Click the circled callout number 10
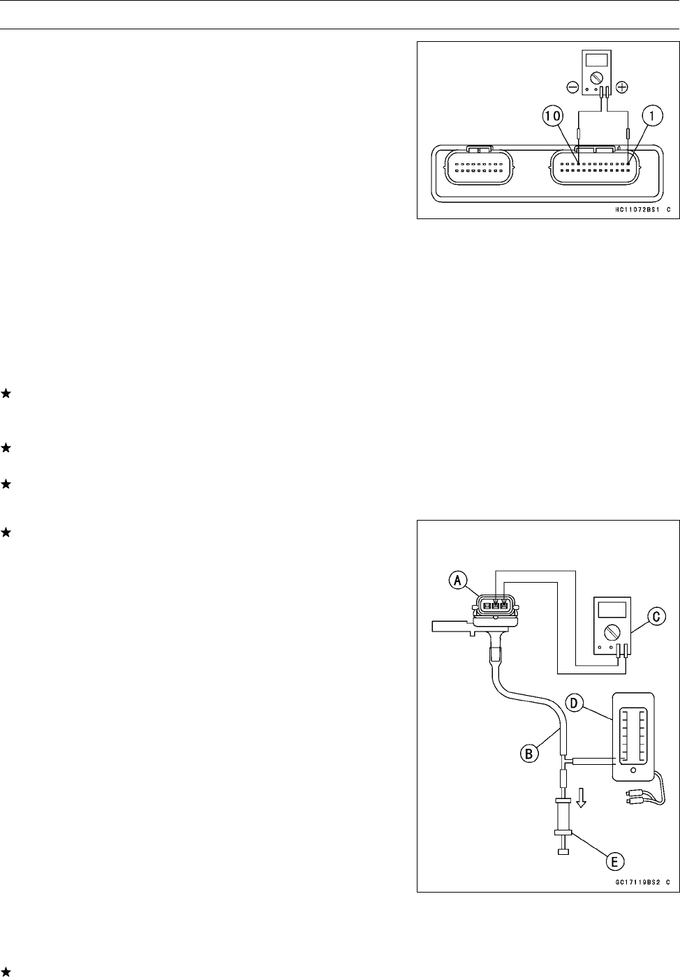coord(552,118)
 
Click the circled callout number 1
coord(651,118)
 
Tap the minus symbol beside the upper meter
coord(572,88)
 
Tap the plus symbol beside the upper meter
coord(622,88)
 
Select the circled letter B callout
coord(531,753)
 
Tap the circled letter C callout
coord(655,616)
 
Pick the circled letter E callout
coord(614,862)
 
